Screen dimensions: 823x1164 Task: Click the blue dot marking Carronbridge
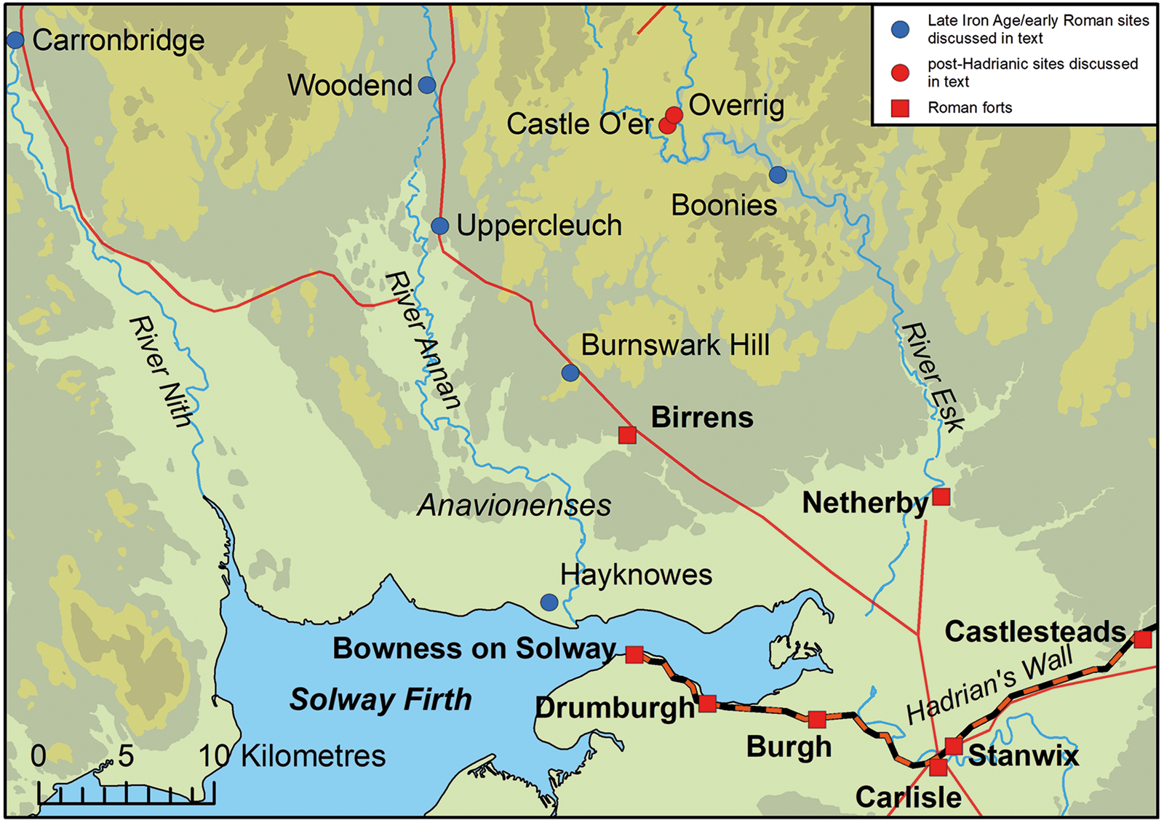click(15, 40)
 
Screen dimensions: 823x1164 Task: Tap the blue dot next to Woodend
click(427, 85)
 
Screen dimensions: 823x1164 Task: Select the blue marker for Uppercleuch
click(439, 226)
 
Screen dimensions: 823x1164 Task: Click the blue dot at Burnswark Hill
click(570, 373)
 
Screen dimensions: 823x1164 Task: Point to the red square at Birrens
click(627, 435)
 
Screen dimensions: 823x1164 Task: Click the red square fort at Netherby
click(941, 497)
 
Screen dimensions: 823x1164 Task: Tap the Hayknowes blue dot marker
click(549, 603)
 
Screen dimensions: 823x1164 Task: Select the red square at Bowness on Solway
click(634, 655)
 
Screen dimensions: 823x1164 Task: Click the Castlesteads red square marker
click(1143, 640)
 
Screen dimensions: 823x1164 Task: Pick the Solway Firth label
click(380, 700)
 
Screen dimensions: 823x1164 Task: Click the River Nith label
click(162, 371)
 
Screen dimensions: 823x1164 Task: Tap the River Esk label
click(933, 377)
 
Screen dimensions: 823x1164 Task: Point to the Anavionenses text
click(514, 506)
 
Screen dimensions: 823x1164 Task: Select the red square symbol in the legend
click(901, 108)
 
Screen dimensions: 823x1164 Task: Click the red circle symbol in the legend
click(901, 72)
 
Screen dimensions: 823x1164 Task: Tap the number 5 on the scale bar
click(126, 756)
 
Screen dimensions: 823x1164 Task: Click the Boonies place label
click(724, 205)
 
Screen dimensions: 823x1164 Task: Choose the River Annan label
click(423, 340)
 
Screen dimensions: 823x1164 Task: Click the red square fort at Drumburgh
click(707, 704)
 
